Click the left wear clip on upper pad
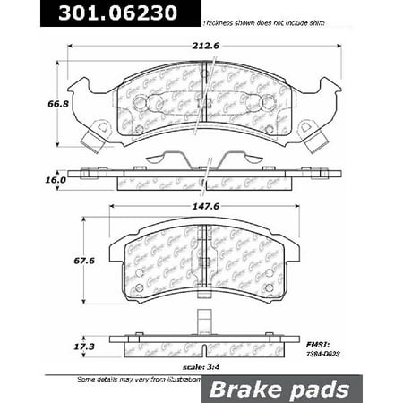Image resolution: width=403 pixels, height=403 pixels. click(x=94, y=138)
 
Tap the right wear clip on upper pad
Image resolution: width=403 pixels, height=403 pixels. click(x=313, y=138)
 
